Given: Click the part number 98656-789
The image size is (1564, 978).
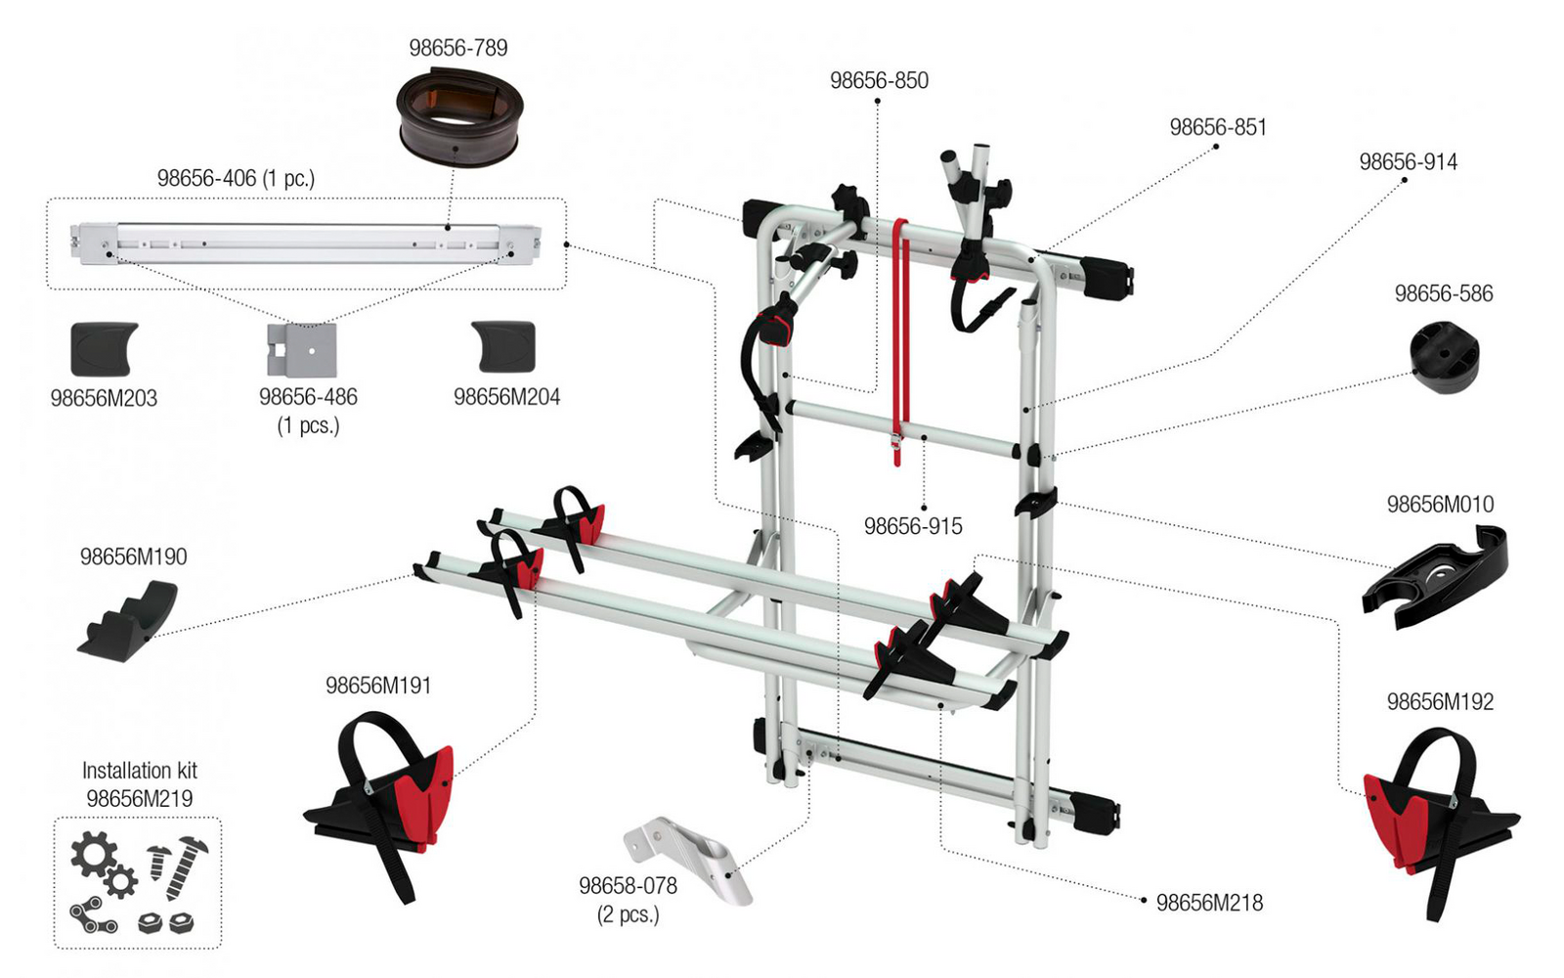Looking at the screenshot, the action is (x=458, y=48).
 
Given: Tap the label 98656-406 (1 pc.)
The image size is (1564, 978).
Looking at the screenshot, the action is (x=236, y=179).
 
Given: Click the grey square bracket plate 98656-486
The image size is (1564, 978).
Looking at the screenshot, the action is (x=302, y=350).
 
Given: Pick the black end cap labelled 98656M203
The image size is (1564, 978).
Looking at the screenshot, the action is (x=104, y=348).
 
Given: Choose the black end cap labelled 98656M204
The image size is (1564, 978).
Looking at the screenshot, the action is (x=504, y=346).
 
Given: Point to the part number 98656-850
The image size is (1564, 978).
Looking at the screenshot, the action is (x=879, y=80).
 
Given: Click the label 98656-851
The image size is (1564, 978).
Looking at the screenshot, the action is (x=1218, y=127).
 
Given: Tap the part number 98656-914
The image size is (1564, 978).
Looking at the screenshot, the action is (x=1409, y=162).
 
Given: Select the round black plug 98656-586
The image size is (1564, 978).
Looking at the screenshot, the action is (x=1444, y=356).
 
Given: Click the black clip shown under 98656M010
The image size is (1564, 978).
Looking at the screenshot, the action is (x=1435, y=578).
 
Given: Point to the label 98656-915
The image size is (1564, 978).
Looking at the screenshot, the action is (x=913, y=526).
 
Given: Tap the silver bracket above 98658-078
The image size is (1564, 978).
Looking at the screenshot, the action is (x=688, y=860).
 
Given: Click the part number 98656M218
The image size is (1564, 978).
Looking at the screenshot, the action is (x=1209, y=903).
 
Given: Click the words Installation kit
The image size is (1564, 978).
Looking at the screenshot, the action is (x=140, y=771).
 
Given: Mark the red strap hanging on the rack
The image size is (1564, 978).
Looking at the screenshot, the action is (x=901, y=342).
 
